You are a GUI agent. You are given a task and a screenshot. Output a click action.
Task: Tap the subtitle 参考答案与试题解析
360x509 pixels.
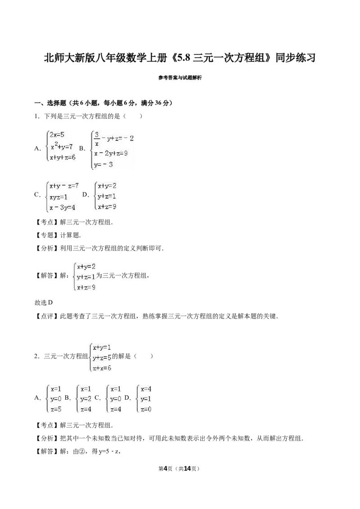click(180, 78)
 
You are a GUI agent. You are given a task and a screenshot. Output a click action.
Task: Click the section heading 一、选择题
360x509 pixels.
click(50, 103)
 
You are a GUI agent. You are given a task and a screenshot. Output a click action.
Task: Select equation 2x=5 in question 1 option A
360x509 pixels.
click(57, 135)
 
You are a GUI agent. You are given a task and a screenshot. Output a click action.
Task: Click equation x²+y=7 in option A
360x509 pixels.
click(62, 147)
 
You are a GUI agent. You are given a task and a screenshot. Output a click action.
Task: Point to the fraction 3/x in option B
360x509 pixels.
click(96, 138)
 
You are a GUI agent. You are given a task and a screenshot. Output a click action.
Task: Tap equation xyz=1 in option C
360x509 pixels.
click(58, 197)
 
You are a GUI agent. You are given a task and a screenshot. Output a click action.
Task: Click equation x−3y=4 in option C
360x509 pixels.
click(63, 207)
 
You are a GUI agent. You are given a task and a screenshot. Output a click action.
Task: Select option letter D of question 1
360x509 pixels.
click(85, 194)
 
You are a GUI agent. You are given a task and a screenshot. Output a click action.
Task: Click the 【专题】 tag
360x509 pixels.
click(47, 235)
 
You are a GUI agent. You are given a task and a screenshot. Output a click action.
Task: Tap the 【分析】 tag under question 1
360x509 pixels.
click(47, 249)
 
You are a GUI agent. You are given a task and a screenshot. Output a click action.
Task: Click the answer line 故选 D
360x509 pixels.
click(44, 303)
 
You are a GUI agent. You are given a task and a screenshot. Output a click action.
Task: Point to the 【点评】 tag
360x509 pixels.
click(47, 316)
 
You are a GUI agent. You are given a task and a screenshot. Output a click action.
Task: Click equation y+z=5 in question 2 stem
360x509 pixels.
click(102, 358)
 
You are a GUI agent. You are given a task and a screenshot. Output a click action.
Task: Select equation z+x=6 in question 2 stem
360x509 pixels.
click(102, 368)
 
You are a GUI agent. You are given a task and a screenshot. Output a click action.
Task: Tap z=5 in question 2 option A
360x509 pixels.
click(56, 409)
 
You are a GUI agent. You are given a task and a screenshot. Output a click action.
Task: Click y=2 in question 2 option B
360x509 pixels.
click(86, 399)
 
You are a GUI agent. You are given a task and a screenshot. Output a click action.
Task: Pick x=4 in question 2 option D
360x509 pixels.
click(146, 389)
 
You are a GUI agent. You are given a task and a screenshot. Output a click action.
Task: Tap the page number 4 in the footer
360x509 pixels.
click(165, 469)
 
